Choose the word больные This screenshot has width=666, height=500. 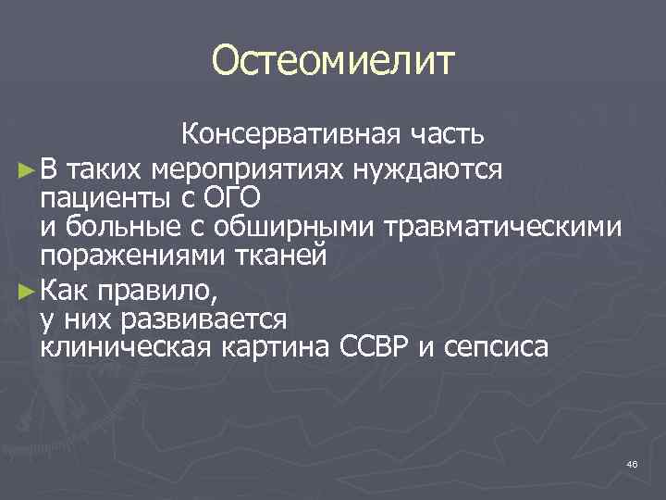116,227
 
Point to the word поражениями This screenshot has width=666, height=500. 129,256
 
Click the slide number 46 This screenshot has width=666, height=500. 632,463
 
